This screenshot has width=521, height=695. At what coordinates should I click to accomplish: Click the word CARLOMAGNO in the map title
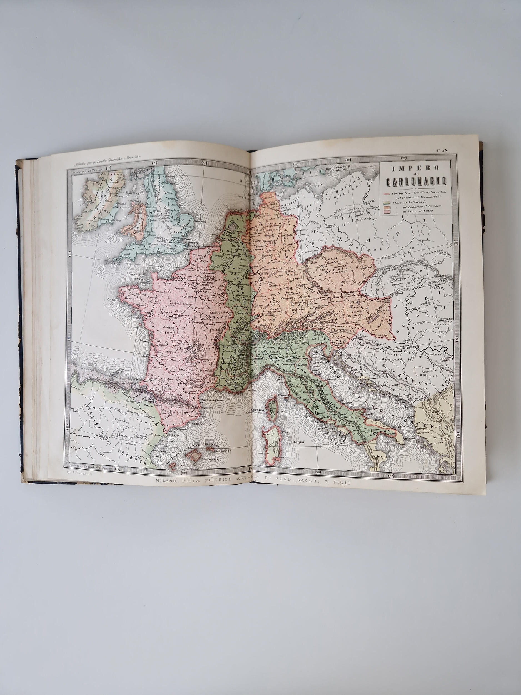coord(415,182)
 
